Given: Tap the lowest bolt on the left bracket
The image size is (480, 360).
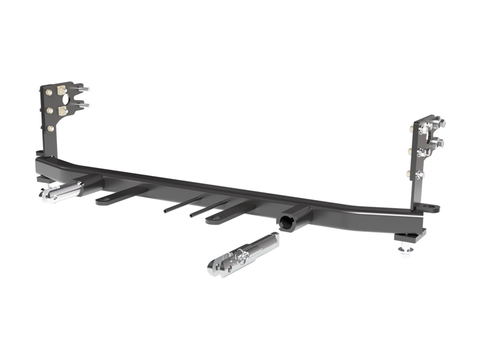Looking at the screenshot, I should [x=50, y=128].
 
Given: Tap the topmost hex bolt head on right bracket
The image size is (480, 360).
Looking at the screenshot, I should [x=439, y=124].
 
